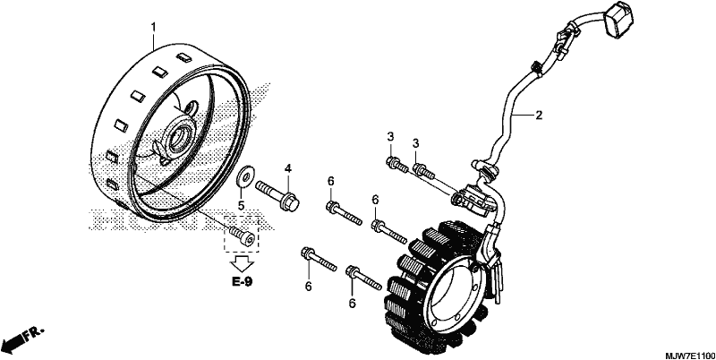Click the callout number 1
[x=153, y=27]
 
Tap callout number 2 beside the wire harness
[x=539, y=116]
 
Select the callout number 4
[x=288, y=168]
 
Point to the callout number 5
[x=241, y=205]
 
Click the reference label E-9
[x=242, y=281]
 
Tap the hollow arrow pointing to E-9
[x=242, y=264]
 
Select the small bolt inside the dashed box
[x=242, y=236]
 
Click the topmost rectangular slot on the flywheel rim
[x=184, y=57]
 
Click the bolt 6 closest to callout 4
[x=345, y=214]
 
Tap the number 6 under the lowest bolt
[x=352, y=303]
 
